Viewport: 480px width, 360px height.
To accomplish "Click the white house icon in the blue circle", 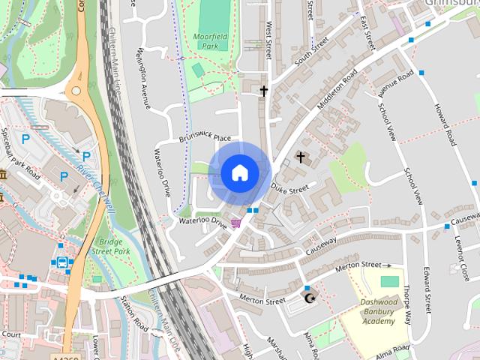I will click(239, 173).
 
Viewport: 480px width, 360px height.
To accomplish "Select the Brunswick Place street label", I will click(205, 139).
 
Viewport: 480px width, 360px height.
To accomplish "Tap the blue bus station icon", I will click(61, 263).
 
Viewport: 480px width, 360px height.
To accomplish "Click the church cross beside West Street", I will click(263, 91).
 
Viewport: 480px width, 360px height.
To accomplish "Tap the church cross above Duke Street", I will click(301, 157).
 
